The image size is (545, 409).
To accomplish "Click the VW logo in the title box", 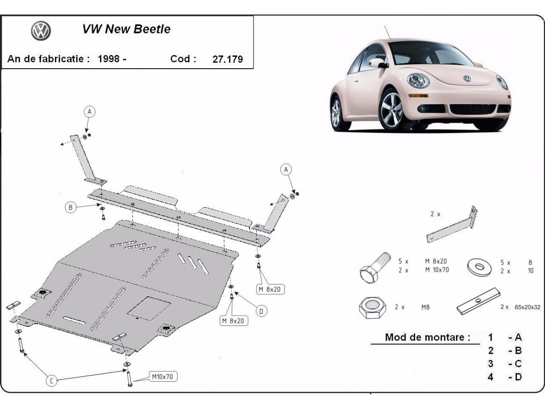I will (41, 31).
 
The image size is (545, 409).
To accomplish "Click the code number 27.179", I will (228, 59).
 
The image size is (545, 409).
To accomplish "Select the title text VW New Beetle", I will (126, 30).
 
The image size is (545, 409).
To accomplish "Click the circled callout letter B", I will (70, 208).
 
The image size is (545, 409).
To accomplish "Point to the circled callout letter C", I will (52, 381).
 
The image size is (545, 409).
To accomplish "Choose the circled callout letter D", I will (261, 311).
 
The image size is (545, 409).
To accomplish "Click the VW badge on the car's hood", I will (467, 78).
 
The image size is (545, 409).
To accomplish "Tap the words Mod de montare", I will (427, 337).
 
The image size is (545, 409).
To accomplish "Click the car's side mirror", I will (383, 65).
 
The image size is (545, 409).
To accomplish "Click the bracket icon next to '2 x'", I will (453, 225).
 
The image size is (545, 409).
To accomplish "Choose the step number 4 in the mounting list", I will (490, 377).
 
